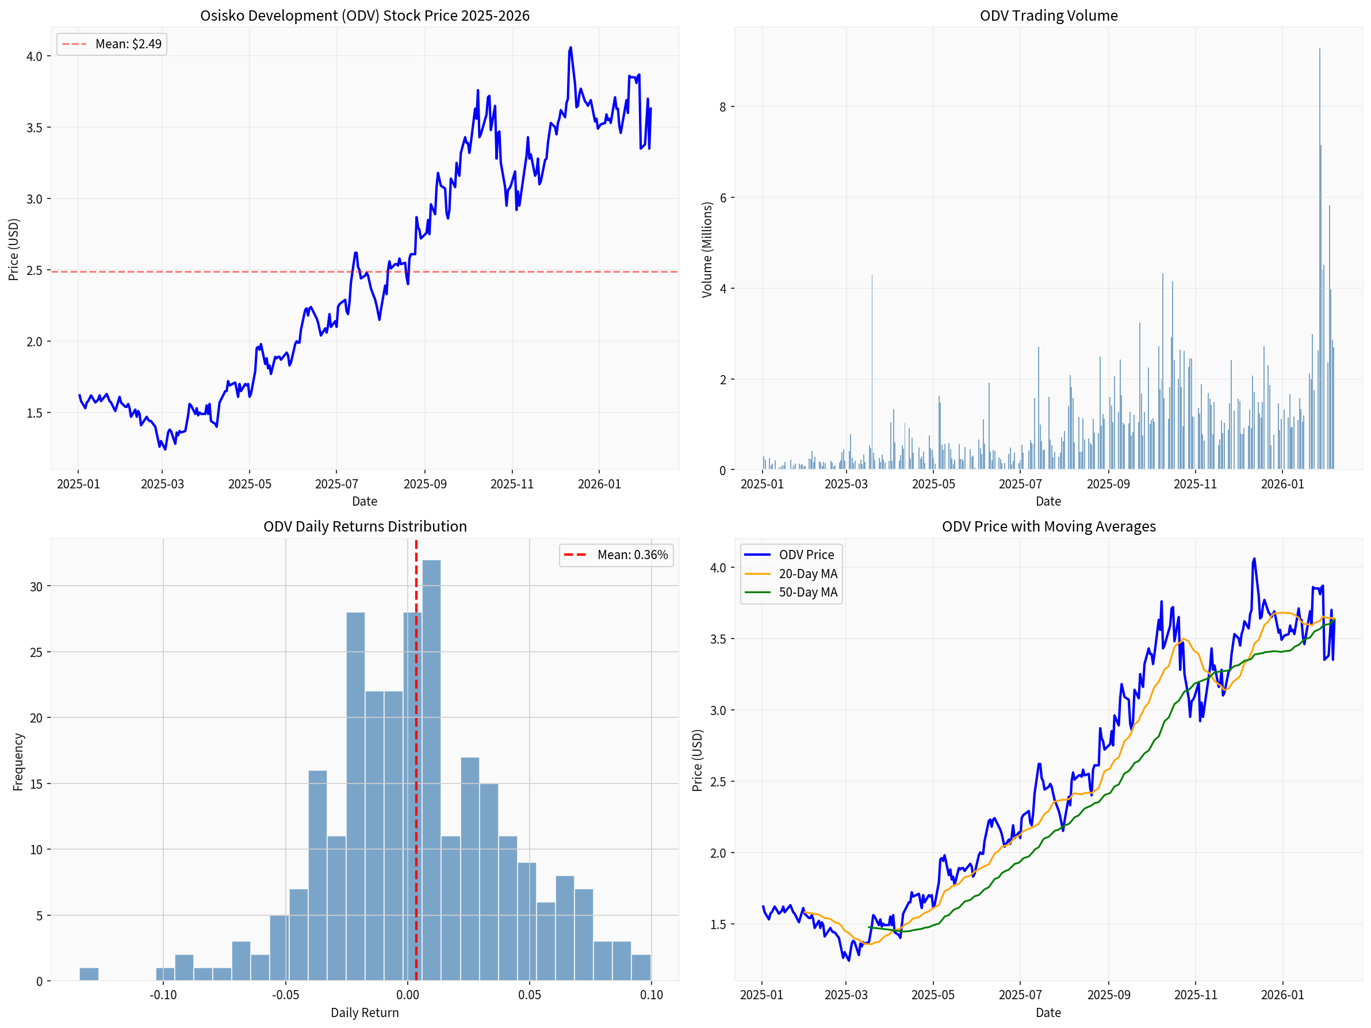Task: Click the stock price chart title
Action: (365, 16)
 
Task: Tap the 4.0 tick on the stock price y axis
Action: (34, 56)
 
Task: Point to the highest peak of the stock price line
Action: (570, 48)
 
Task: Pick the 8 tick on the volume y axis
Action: (723, 106)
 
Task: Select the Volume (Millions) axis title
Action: (707, 249)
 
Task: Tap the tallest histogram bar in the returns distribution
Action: (431, 769)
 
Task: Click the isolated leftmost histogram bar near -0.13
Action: (89, 974)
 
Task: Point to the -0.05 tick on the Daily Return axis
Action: (285, 995)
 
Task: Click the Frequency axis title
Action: (18, 762)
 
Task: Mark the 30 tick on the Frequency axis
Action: (37, 587)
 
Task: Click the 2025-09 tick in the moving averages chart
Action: (1108, 995)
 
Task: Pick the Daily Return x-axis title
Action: (365, 1013)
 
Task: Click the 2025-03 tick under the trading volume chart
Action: (846, 484)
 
